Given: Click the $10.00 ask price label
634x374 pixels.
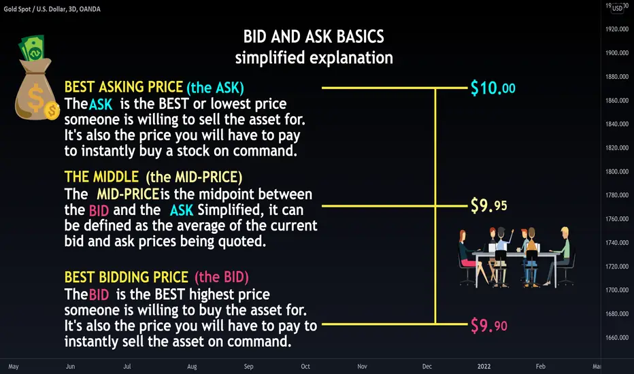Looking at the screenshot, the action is pos(493,88).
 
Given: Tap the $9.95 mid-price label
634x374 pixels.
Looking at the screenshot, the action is pos(489,205).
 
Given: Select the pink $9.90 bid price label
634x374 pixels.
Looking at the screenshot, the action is pos(489,326).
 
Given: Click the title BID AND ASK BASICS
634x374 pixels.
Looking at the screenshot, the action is pos(314,37).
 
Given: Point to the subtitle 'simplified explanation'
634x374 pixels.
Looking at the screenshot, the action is pos(314,58).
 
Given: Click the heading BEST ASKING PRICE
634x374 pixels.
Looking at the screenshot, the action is pos(124,87).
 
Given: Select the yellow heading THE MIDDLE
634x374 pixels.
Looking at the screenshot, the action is pos(101,177).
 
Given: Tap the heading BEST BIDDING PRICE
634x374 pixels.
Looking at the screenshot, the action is pos(126,277).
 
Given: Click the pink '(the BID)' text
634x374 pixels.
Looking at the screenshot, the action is pos(222,277).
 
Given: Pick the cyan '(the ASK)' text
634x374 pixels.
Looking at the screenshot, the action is pos(215,87).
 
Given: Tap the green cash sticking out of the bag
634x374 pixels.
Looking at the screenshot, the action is pos(31,48).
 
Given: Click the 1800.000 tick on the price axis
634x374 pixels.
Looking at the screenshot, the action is pos(617,171).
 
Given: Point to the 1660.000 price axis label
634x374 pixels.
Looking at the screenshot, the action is pos(617,337).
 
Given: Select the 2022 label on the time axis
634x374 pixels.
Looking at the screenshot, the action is pos(484,367).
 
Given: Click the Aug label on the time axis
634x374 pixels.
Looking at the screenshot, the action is pos(192,367).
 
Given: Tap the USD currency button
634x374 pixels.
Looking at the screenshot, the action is pos(618,8).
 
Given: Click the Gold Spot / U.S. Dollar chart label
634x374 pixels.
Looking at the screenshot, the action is pos(52,9).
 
